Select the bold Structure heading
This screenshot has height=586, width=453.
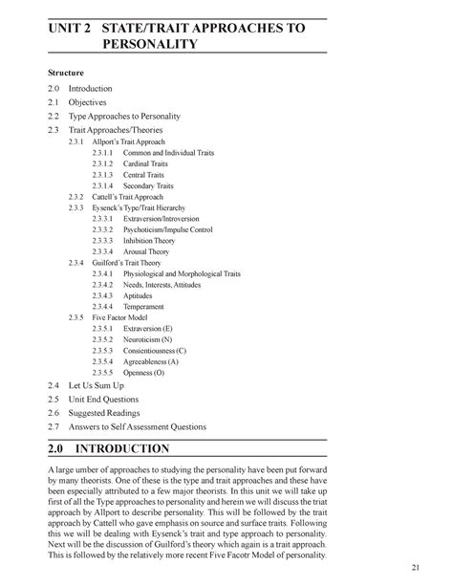coord(67,74)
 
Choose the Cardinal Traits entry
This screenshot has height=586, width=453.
coord(145,163)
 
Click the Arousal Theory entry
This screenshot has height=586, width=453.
coord(149,251)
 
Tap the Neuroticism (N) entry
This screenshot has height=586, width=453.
coord(148,339)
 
